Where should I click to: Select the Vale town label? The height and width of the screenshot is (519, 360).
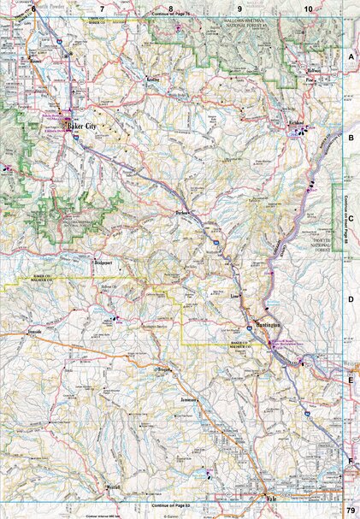click(x=274, y=504)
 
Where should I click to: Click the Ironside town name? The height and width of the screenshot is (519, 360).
click(x=35, y=329)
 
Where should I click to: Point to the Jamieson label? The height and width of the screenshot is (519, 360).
click(x=190, y=399)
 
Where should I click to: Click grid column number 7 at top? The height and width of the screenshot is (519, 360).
click(x=102, y=8)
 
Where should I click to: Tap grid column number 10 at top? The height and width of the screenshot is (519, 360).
click(x=308, y=8)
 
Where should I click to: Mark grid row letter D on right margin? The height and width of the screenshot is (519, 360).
click(x=351, y=300)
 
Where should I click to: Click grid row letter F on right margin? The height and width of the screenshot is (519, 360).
click(x=351, y=461)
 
